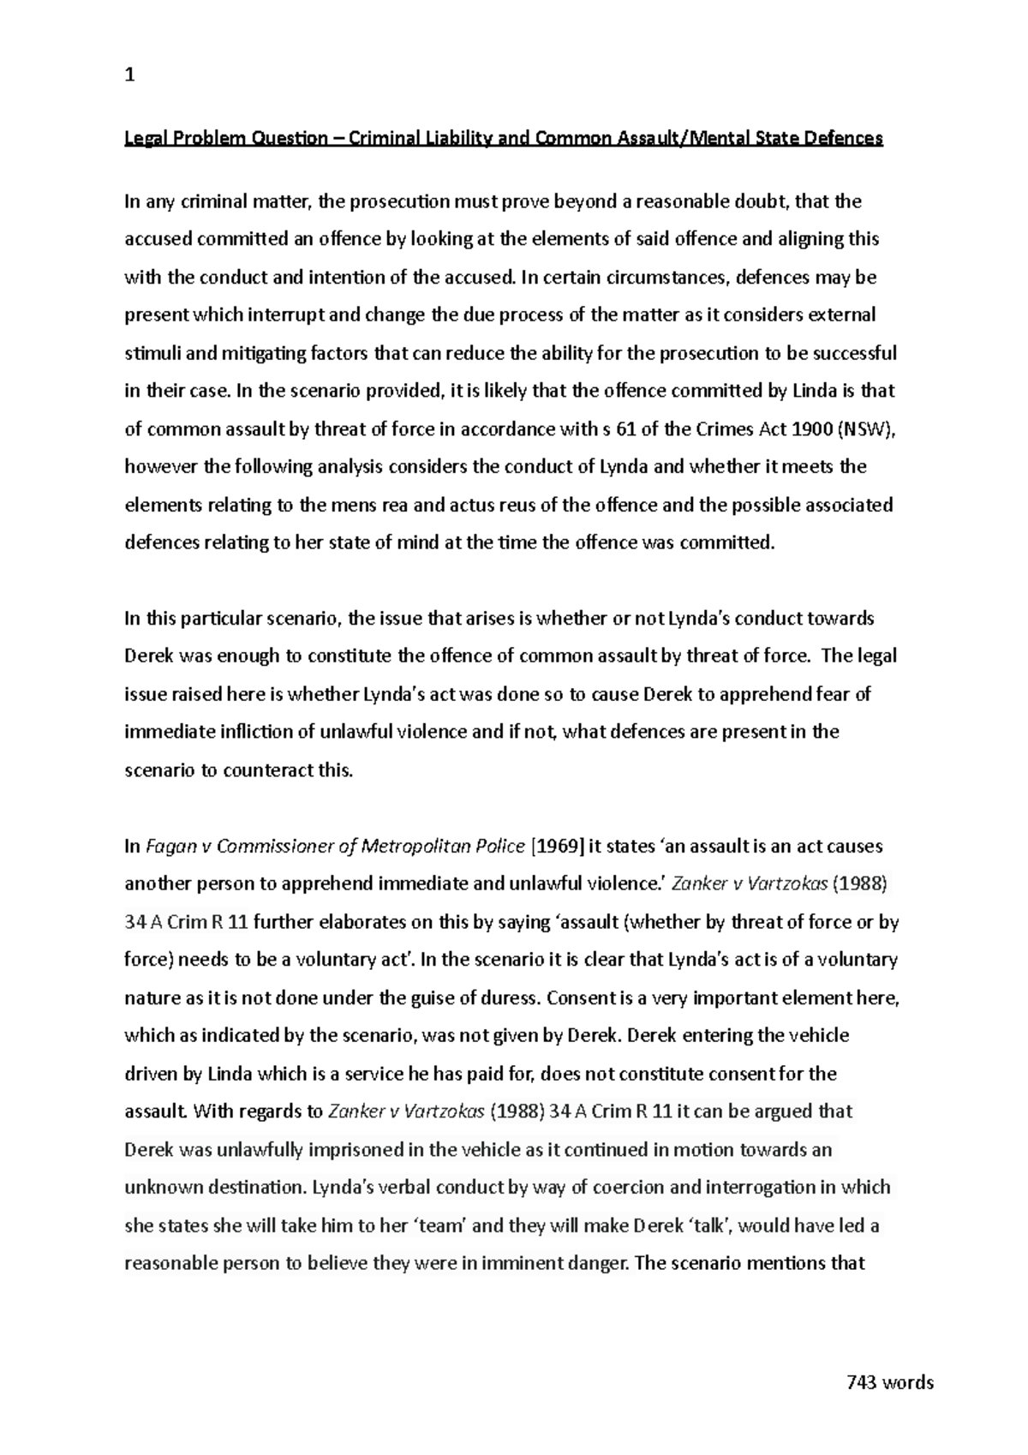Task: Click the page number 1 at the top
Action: (x=129, y=75)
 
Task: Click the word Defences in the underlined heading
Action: (x=843, y=138)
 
